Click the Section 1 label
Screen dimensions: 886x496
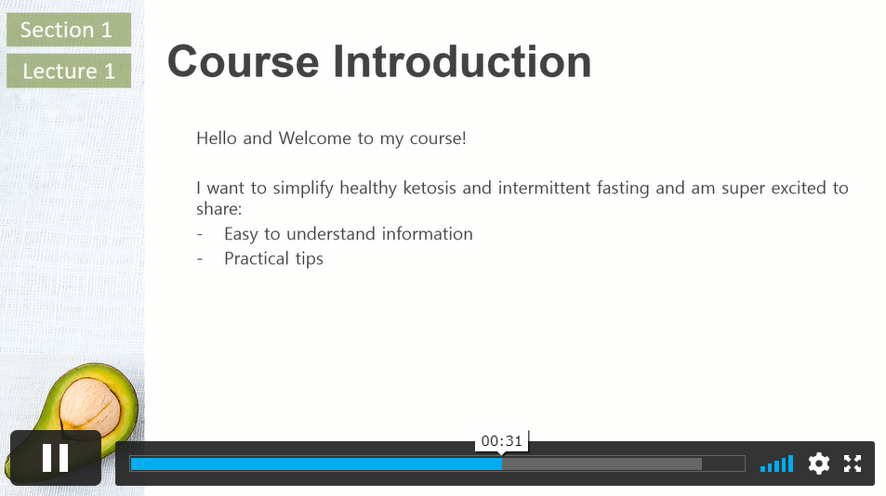coord(69,30)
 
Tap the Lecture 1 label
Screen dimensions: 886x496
coord(69,72)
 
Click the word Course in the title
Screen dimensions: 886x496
coord(243,61)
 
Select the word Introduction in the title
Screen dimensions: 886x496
coord(462,61)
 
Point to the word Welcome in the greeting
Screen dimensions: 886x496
coord(315,138)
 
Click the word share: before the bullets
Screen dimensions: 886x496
coord(219,209)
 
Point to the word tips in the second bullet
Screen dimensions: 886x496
coord(309,259)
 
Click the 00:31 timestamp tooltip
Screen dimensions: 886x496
coord(502,440)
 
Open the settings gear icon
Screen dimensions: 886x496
coord(819,463)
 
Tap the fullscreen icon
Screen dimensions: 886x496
coord(853,463)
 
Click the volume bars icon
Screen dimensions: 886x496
coord(776,463)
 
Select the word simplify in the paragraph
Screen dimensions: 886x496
coord(303,188)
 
